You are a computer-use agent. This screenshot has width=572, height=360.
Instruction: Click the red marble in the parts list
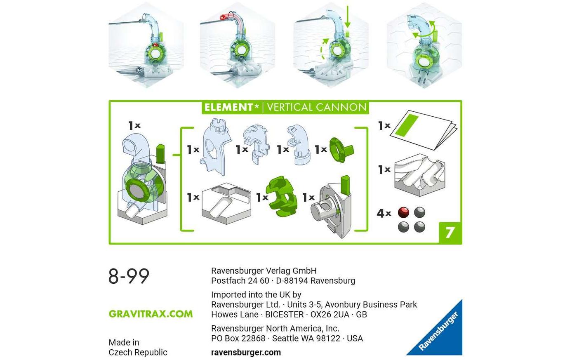click(x=403, y=212)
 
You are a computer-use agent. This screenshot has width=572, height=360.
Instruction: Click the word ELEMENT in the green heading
click(x=229, y=107)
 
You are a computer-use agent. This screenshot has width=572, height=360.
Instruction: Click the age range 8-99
click(x=129, y=276)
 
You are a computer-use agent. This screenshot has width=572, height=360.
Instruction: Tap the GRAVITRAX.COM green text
click(x=151, y=314)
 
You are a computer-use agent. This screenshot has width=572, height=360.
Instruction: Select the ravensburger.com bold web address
click(x=246, y=352)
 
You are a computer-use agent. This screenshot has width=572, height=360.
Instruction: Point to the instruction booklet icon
click(x=424, y=130)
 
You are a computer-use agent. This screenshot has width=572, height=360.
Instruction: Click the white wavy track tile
click(x=420, y=175)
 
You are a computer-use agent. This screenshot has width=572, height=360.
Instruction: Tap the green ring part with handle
click(x=341, y=150)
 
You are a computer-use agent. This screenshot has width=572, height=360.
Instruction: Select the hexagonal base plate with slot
click(x=226, y=203)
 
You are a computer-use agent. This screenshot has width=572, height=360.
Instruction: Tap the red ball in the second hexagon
click(x=224, y=17)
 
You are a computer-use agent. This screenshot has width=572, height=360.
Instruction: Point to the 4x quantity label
click(x=384, y=213)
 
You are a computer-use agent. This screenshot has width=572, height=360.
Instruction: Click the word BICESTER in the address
click(x=285, y=315)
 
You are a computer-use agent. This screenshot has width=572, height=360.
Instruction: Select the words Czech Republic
click(x=138, y=352)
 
